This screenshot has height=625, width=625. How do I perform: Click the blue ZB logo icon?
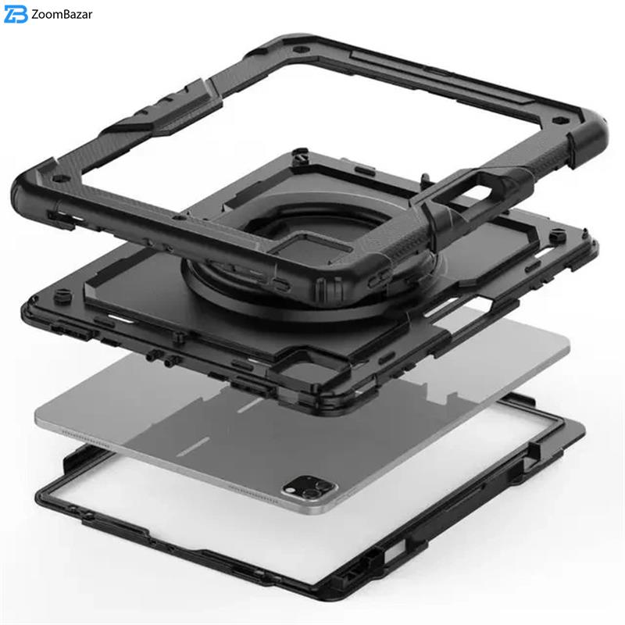(16, 14)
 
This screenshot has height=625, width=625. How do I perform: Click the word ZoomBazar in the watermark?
(62, 14)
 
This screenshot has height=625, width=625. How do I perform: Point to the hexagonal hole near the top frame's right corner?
(558, 121)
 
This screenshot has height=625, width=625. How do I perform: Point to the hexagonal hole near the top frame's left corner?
(59, 179)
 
